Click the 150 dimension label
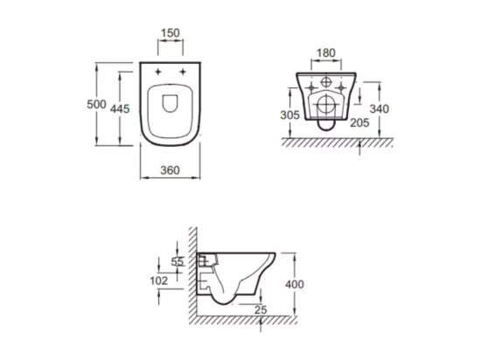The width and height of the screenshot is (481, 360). [171, 33]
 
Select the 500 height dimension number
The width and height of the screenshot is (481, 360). [96, 105]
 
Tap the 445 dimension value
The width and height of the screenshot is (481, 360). [120, 108]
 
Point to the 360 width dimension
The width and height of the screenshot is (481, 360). [170, 170]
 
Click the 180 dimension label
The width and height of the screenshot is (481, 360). [326, 53]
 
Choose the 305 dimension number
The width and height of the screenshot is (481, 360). [289, 114]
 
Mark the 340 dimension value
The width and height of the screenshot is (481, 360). [380, 108]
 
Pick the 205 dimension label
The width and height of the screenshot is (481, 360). [359, 123]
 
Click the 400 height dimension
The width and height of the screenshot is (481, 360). [295, 284]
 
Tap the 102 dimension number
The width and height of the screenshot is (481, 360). [159, 280]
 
